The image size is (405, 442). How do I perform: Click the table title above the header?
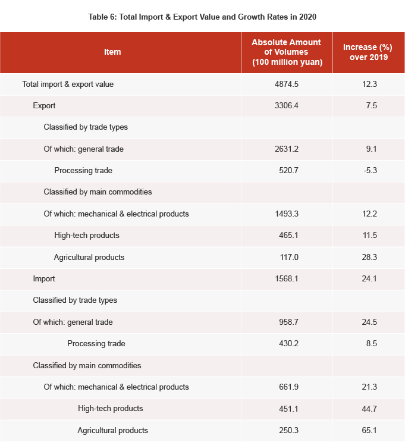click(x=202, y=17)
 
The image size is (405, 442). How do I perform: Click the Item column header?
click(x=112, y=52)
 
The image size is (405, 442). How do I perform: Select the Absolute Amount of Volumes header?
click(x=286, y=52)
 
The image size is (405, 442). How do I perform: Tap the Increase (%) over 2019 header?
click(x=369, y=52)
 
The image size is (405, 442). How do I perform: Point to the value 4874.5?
click(x=286, y=84)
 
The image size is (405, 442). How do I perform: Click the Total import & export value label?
click(x=68, y=84)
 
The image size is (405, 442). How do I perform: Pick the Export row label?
click(x=45, y=106)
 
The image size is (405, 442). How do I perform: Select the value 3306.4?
click(x=286, y=106)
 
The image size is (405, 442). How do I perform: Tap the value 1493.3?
click(x=286, y=214)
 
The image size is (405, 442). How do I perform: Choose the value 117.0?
click(x=286, y=258)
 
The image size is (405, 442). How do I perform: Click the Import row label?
click(x=44, y=279)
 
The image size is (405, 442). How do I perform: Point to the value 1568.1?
click(x=286, y=279)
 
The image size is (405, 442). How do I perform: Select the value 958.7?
click(x=286, y=322)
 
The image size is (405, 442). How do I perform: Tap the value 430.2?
click(x=286, y=344)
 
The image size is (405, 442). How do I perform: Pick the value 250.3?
click(x=286, y=431)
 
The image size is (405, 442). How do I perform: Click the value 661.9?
click(x=286, y=387)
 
